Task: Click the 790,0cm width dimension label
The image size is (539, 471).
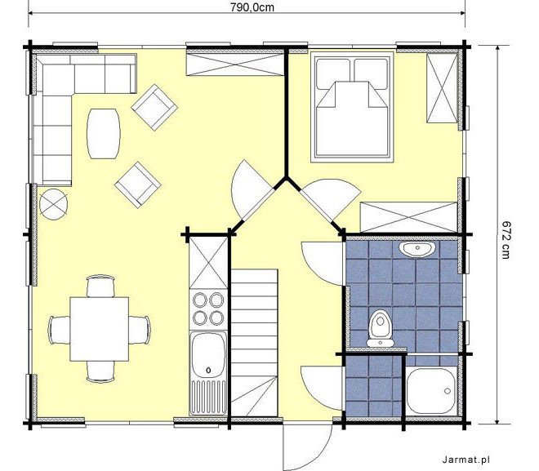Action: pyautogui.click(x=252, y=7)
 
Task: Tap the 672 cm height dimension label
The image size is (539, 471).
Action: pyautogui.click(x=505, y=239)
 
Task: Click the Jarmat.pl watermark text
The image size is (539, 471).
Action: pyautogui.click(x=465, y=460)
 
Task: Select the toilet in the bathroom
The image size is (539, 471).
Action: pyautogui.click(x=380, y=328)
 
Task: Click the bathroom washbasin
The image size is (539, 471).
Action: pyautogui.click(x=417, y=248)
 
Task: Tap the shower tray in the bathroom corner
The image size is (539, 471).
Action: pyautogui.click(x=431, y=391)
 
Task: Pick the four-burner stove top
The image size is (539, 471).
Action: pyautogui.click(x=208, y=309)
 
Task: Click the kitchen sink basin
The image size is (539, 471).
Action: pyautogui.click(x=208, y=355)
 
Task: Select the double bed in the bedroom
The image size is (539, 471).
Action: pyautogui.click(x=352, y=107)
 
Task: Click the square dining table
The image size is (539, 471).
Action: pyautogui.click(x=100, y=329)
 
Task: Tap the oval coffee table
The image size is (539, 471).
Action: pyautogui.click(x=104, y=134)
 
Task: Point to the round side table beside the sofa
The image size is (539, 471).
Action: pyautogui.click(x=53, y=204)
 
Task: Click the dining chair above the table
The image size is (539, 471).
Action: pyautogui.click(x=100, y=286)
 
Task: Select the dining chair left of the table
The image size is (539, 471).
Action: pyautogui.click(x=60, y=330)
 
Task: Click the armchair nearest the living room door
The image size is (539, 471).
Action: pyautogui.click(x=138, y=184)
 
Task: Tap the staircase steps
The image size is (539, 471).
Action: pyautogui.click(x=254, y=343)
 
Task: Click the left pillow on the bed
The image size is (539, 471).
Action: pyautogui.click(x=332, y=73)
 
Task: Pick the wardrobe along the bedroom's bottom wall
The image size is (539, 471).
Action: pyautogui.click(x=408, y=217)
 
